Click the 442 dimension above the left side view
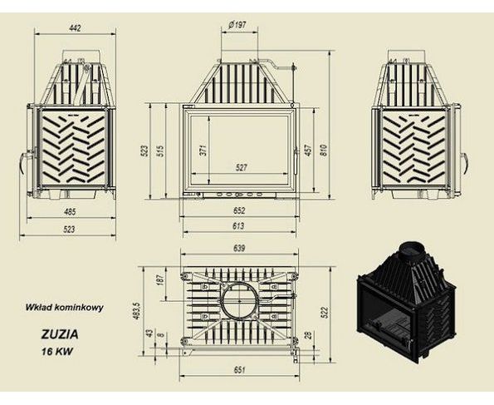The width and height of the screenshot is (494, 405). [75, 28]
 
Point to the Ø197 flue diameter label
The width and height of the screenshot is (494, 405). [237, 24]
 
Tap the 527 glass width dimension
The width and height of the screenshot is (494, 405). [241, 167]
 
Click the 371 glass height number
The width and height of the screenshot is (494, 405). [203, 150]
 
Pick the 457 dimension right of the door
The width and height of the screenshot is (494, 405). [308, 150]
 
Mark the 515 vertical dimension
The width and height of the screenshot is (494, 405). [161, 151]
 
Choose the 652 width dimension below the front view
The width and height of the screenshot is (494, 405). [239, 210]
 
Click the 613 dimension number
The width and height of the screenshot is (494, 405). [238, 226]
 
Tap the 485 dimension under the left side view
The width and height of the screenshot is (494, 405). [70, 211]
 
